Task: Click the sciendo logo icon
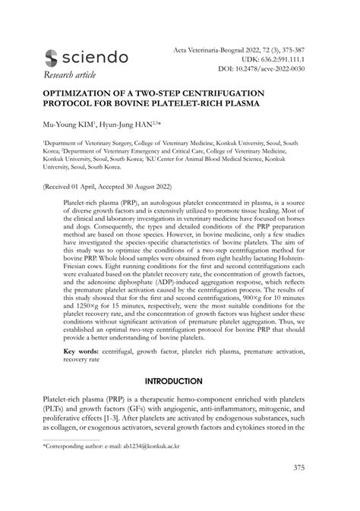point(52,58)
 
